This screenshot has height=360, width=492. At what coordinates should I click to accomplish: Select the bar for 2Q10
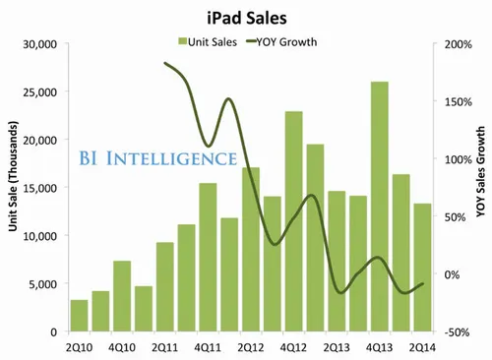pos(79,316)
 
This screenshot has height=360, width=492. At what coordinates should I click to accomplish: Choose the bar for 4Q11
pos(208,257)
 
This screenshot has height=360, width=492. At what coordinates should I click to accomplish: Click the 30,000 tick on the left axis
pos(39,44)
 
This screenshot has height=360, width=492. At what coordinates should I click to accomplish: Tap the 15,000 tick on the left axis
pos(39,188)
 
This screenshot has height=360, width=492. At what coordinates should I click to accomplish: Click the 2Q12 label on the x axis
pos(250,347)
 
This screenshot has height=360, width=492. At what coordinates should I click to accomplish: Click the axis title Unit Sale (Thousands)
pos(12,188)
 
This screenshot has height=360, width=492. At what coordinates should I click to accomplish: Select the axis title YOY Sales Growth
pos(481,188)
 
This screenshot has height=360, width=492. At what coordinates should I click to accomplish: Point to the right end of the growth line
pos(422,283)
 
